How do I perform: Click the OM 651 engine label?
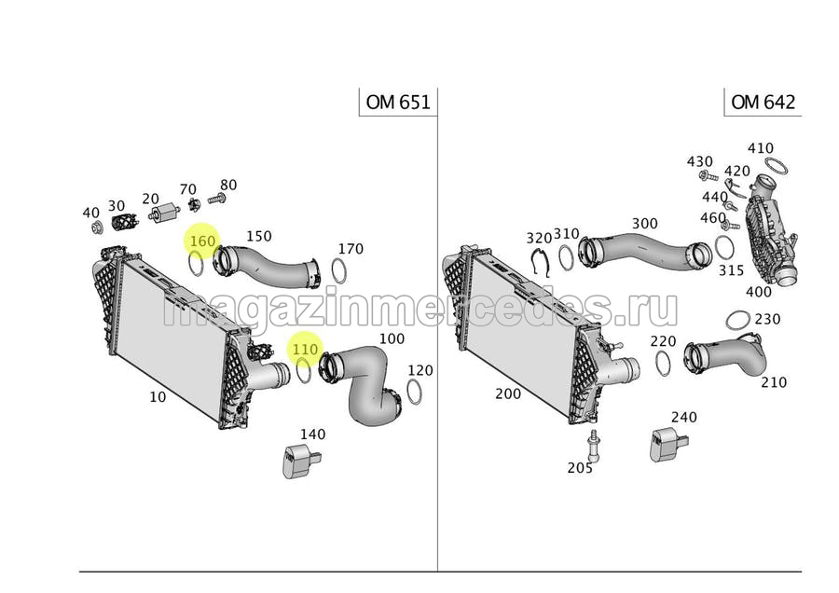398,102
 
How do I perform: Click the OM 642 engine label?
763,102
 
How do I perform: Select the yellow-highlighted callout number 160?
202,241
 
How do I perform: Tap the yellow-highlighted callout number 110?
305,350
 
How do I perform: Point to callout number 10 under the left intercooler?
158,396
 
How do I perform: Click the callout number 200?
508,393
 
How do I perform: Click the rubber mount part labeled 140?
300,461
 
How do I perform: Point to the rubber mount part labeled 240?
668,444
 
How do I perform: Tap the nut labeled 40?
97,228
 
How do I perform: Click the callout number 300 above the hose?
645,223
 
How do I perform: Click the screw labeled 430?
708,175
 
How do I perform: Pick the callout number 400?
759,292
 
